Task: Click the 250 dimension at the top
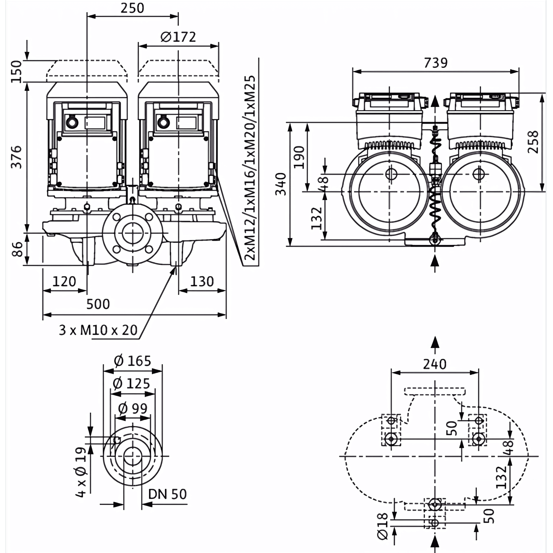pyautogui.click(x=132, y=8)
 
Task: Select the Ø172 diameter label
pyautogui.click(x=178, y=37)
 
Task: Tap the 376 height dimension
pyautogui.click(x=16, y=157)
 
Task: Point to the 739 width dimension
pyautogui.click(x=436, y=63)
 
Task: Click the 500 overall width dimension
pyautogui.click(x=98, y=304)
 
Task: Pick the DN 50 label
pyautogui.click(x=167, y=494)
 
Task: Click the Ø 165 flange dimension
pyautogui.click(x=133, y=361)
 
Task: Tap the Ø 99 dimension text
pyautogui.click(x=133, y=408)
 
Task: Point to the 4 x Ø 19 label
pyautogui.click(x=81, y=472)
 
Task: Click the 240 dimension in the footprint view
pyautogui.click(x=434, y=364)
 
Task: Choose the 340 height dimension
pyautogui.click(x=281, y=184)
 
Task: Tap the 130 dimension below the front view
pyautogui.click(x=202, y=282)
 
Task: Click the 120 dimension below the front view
pyautogui.click(x=64, y=282)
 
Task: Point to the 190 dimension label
pyautogui.click(x=299, y=157)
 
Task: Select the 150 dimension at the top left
pyautogui.click(x=16, y=72)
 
